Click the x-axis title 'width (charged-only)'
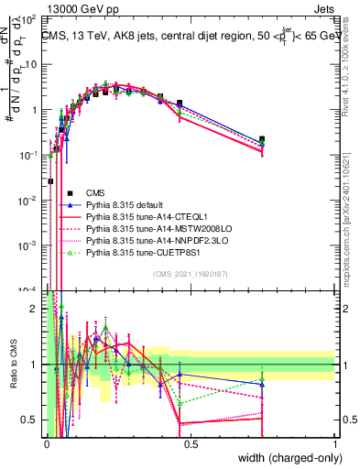[x=287, y=458]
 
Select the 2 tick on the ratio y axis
[x=38, y=309]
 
